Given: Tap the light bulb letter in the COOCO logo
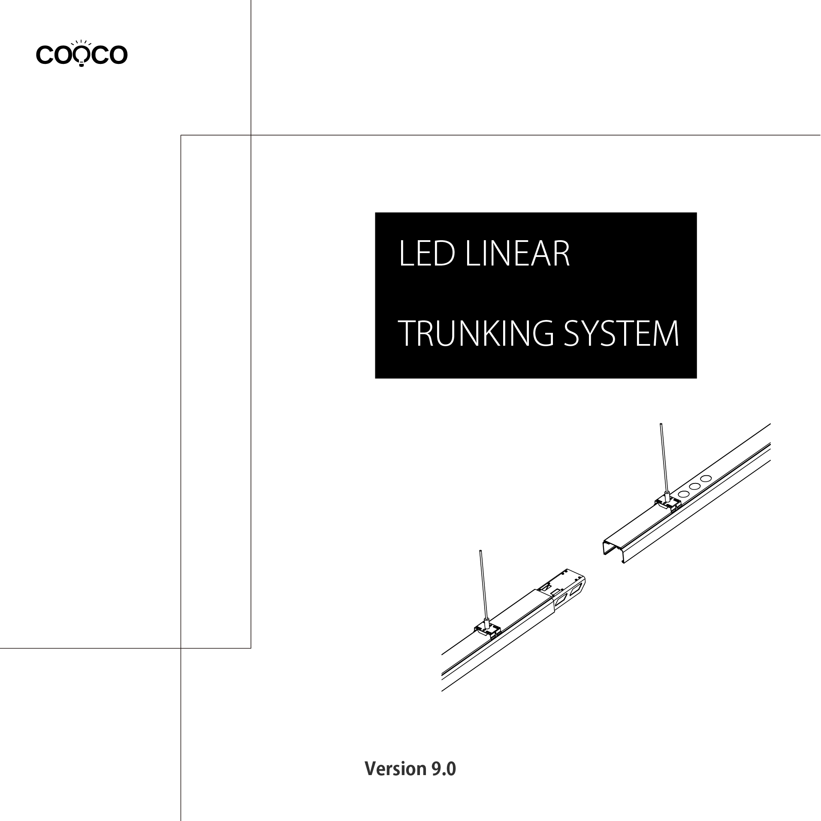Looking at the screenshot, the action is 81,54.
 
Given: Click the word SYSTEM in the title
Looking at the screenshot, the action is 621,333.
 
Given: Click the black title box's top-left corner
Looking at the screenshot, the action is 375,213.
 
